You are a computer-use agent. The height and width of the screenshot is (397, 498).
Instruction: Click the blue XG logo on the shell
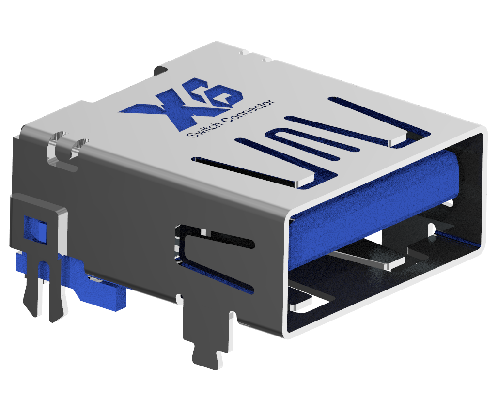181,103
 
